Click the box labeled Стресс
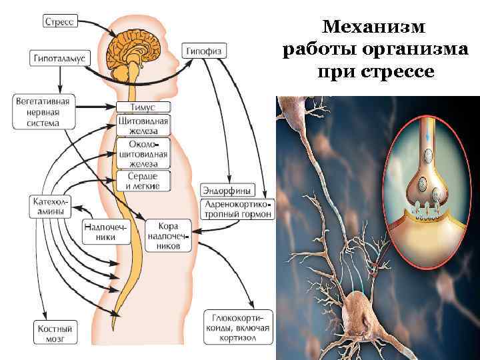pyautogui.click(x=61, y=22)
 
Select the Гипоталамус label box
pyautogui.click(x=60, y=59)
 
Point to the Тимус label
pyautogui.click(x=143, y=107)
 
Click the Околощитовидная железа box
pyautogui.click(x=143, y=153)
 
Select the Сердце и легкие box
pyautogui.click(x=143, y=180)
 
